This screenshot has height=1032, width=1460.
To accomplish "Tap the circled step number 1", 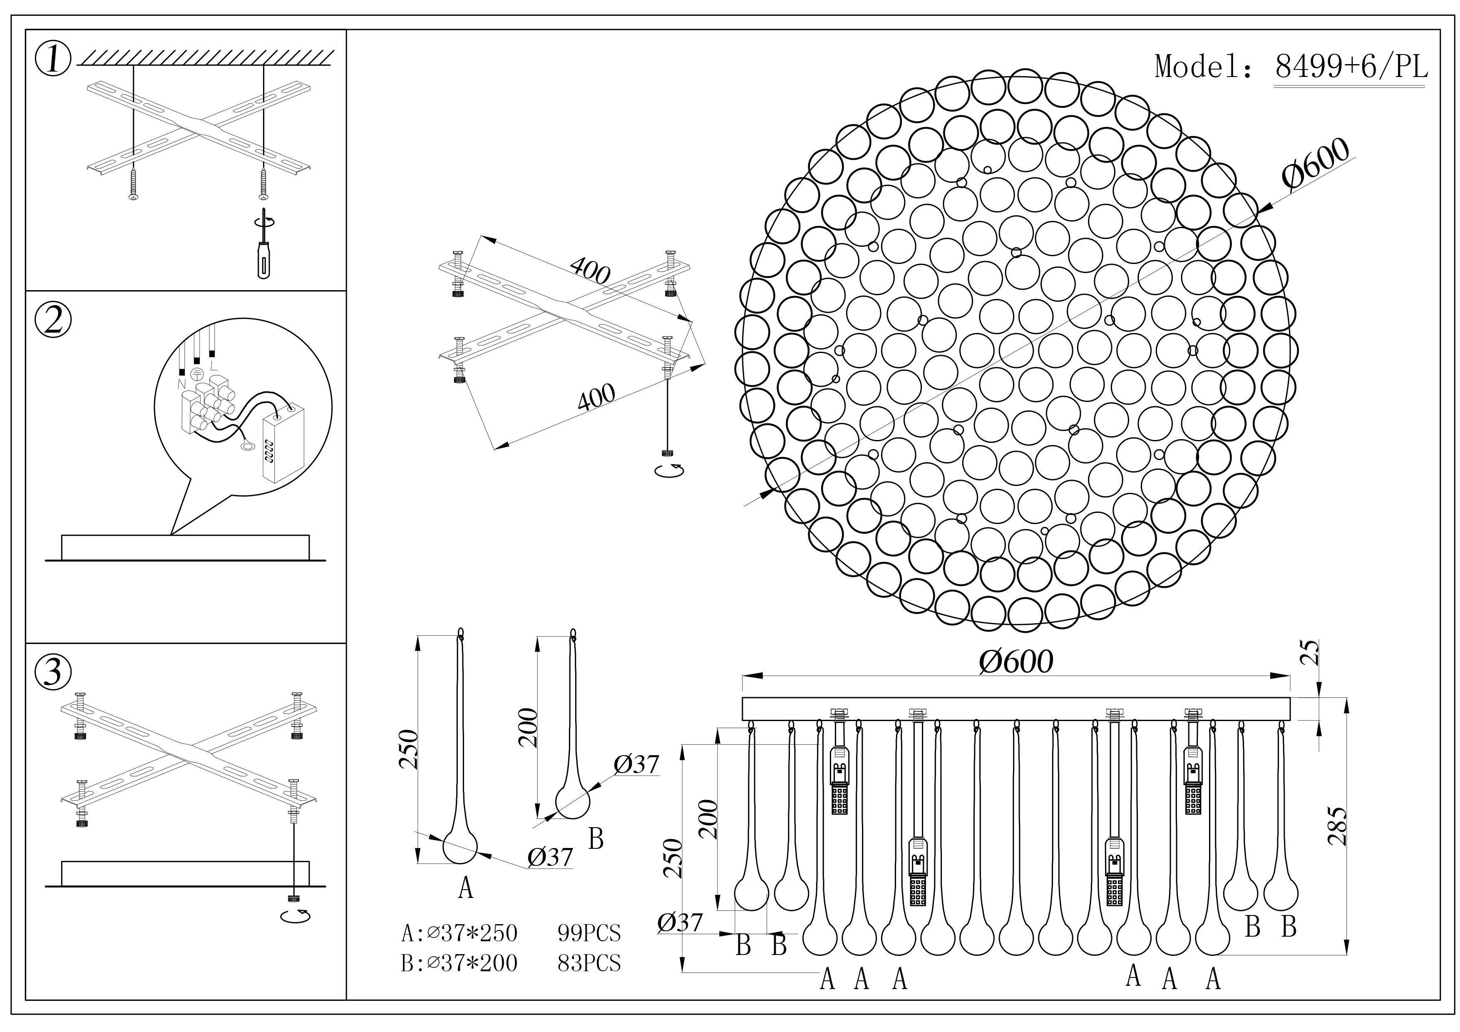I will click(x=53, y=60).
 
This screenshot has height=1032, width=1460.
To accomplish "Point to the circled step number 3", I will click(x=53, y=672).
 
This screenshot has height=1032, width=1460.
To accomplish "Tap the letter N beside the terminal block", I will click(x=181, y=384).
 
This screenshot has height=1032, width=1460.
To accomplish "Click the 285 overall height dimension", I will click(x=1337, y=826).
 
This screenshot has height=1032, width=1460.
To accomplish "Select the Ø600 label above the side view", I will click(x=1016, y=662).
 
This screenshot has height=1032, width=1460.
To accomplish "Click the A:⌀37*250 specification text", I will click(x=459, y=933).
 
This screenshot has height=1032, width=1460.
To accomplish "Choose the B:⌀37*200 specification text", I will click(x=459, y=963).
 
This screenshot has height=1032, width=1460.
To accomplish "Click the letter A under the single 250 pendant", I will click(x=465, y=887).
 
